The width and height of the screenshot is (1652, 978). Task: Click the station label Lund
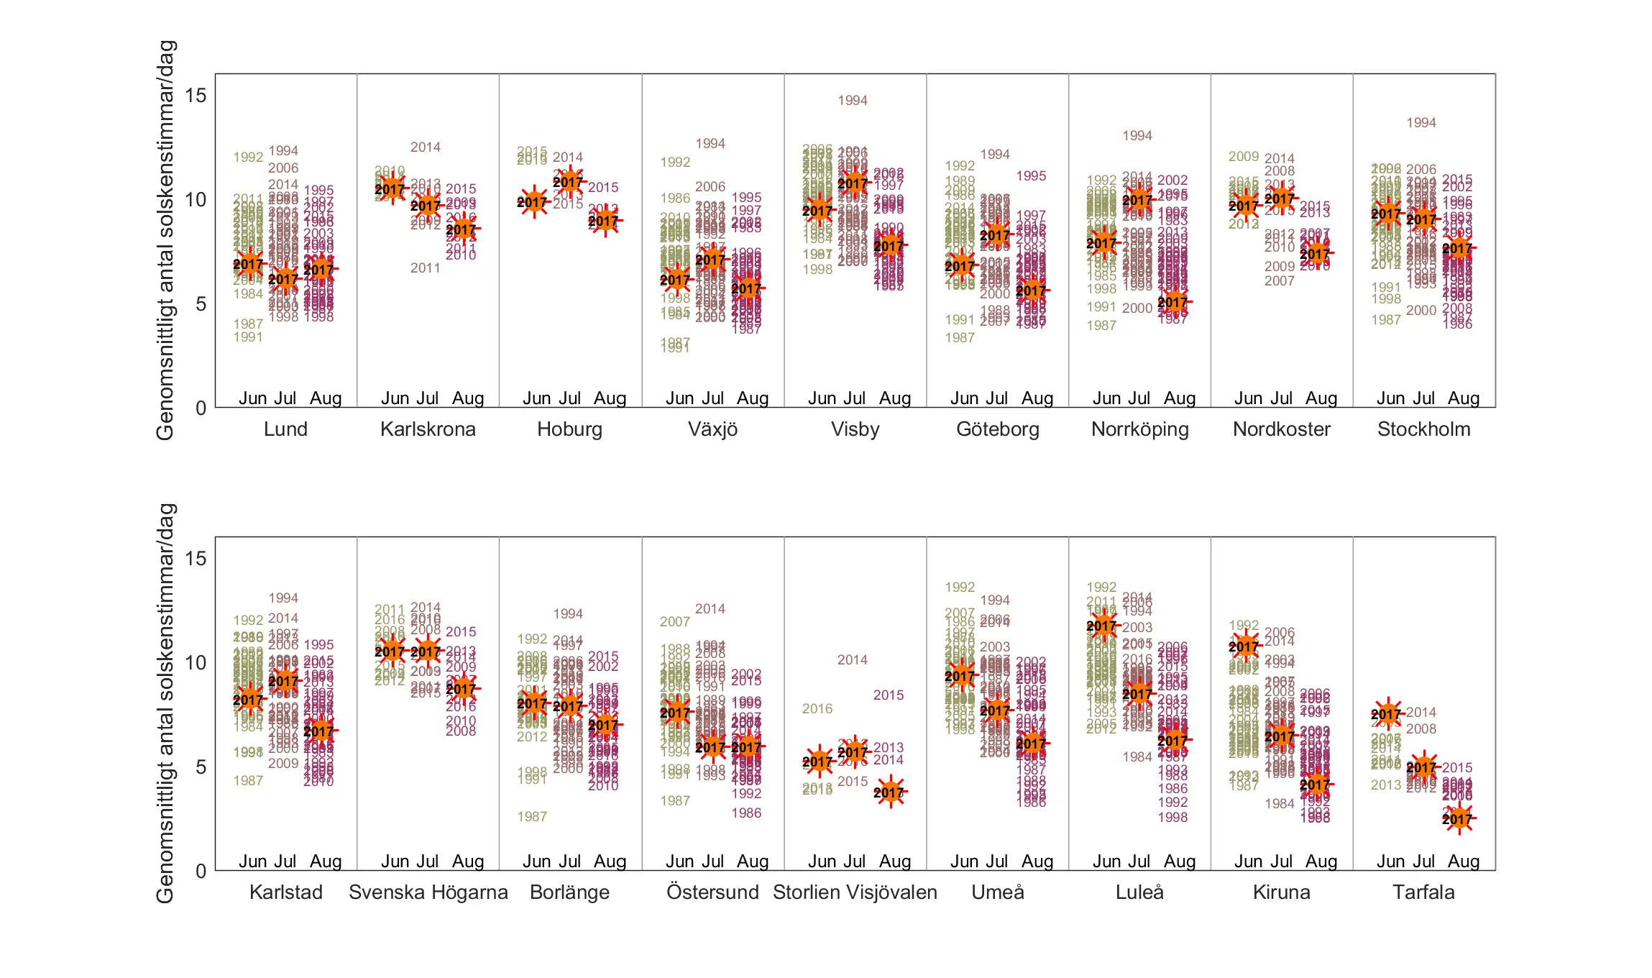(285, 429)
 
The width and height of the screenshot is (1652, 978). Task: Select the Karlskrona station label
(428, 429)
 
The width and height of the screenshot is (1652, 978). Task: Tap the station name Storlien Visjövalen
(855, 892)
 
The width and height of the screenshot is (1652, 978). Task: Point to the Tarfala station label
(1423, 892)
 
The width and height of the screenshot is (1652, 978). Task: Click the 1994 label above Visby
(853, 101)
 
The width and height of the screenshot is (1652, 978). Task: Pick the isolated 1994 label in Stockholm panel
(1421, 123)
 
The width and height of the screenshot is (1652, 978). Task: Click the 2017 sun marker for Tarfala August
(1458, 818)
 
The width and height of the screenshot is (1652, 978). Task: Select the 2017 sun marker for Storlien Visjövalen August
(889, 792)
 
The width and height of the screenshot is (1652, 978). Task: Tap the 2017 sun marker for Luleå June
(1102, 626)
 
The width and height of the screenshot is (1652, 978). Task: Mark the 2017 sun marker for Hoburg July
(569, 182)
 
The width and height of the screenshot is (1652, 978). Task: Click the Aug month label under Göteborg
(1037, 398)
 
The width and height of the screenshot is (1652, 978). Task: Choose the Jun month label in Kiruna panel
(1249, 862)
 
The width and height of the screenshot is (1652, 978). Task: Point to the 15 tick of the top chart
(196, 96)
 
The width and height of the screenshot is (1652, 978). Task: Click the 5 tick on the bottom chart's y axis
(201, 767)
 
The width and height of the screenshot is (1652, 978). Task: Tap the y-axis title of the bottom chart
(165, 703)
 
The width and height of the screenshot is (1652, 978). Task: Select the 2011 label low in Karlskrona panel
(425, 268)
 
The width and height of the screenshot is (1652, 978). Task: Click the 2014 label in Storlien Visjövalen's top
(853, 660)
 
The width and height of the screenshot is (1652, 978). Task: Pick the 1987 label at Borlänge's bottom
(532, 817)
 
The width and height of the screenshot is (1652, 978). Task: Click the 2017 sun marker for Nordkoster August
(1316, 253)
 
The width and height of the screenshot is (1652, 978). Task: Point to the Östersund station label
(712, 892)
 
